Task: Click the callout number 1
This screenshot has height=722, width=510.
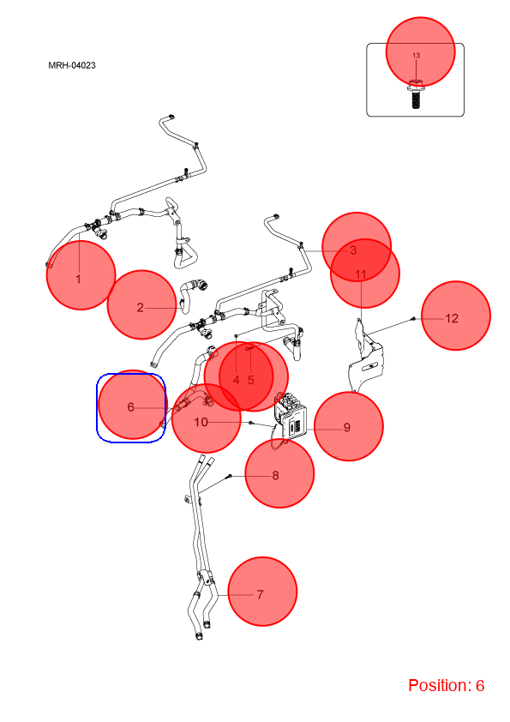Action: coord(78,279)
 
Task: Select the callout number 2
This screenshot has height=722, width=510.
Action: coord(141,308)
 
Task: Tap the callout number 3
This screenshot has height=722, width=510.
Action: coord(353,250)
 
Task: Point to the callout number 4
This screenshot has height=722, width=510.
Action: coord(236,380)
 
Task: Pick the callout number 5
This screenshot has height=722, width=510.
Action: coord(251,380)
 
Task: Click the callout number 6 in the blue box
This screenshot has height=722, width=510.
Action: coord(131,407)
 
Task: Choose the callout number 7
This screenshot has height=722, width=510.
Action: coord(260,594)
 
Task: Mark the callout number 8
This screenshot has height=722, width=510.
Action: coord(276,475)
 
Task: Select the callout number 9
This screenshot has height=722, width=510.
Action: coord(347,428)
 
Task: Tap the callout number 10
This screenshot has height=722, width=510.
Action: coord(201,422)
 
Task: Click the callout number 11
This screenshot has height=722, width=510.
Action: coord(360,275)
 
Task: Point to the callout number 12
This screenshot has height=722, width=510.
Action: coord(452,318)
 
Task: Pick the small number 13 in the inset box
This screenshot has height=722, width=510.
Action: coord(416,55)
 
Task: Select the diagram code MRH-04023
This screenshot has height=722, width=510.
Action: coord(72,65)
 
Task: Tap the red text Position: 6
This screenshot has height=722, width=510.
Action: coord(446,685)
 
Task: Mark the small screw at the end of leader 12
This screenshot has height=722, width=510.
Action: coord(413,318)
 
